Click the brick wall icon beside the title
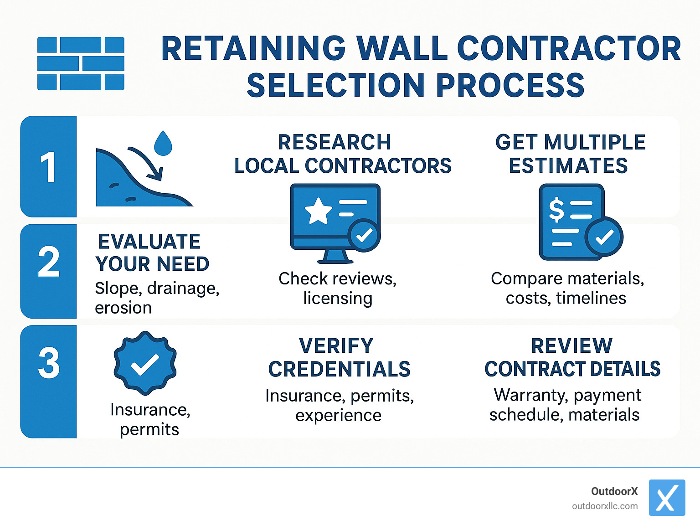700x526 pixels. tap(81, 63)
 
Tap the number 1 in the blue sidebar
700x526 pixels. tap(48, 167)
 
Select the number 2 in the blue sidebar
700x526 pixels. tap(49, 262)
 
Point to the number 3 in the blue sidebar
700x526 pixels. tap(49, 363)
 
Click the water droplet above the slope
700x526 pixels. tap(163, 143)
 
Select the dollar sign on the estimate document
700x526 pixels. tap(556, 210)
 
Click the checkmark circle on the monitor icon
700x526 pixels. tap(364, 235)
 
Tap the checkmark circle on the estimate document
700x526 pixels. tap(604, 237)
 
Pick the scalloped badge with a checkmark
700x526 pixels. tap(145, 363)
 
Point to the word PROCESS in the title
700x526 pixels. tap(510, 85)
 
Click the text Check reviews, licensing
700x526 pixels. tap(338, 288)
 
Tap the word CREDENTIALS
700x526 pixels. tap(339, 369)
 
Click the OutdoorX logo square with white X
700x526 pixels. tap(667, 498)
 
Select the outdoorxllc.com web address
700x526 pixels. tap(605, 506)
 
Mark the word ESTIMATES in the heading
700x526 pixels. tap(568, 165)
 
